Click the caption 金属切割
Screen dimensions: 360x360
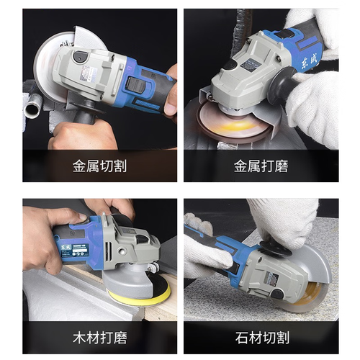(x=100, y=166)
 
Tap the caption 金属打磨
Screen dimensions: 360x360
(x=261, y=166)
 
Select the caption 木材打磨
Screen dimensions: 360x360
(x=100, y=338)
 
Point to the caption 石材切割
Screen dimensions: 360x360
(x=262, y=338)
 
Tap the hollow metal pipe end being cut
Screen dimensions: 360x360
(x=32, y=109)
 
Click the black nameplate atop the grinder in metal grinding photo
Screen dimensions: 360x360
(x=250, y=63)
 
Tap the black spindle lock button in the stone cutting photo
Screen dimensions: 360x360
(x=277, y=294)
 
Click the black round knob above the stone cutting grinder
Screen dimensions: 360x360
(x=276, y=249)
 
